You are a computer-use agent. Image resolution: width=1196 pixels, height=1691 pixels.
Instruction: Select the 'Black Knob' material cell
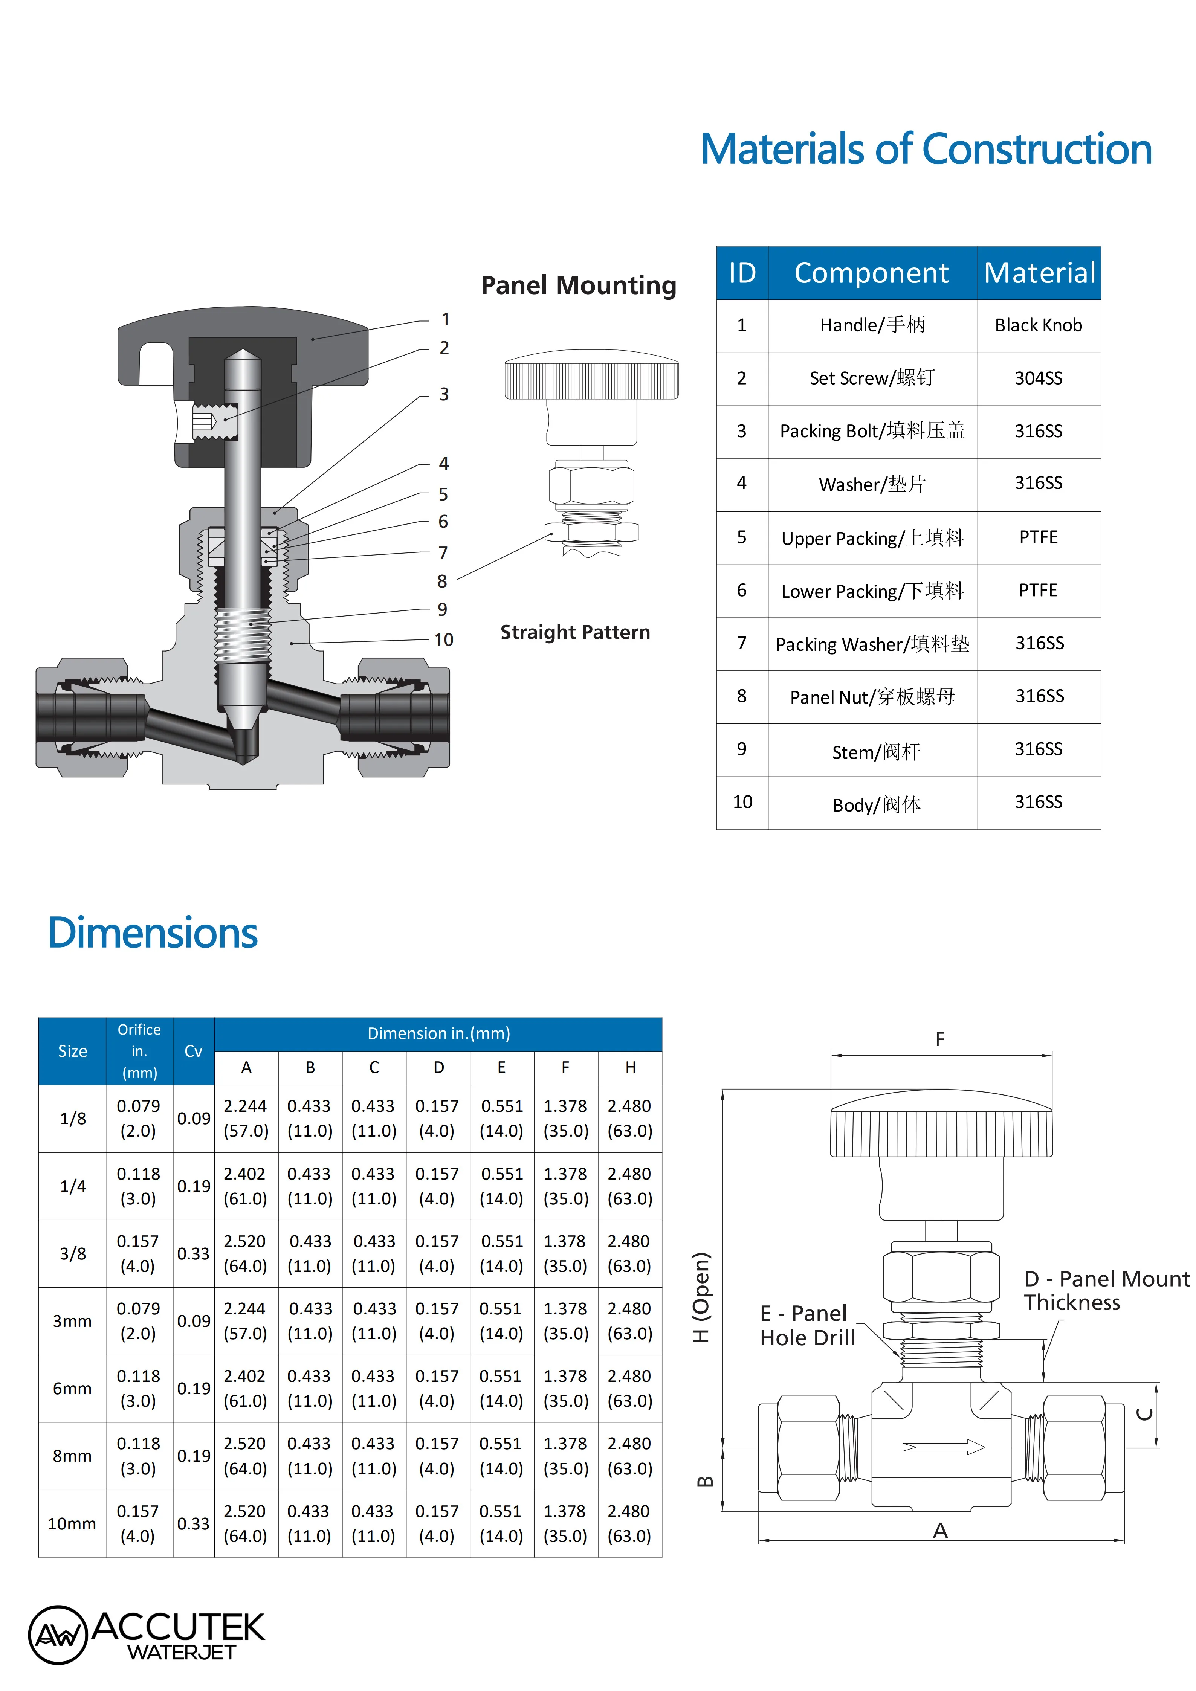pyautogui.click(x=1039, y=325)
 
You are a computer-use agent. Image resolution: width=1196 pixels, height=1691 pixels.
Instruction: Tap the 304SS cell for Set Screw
pyautogui.click(x=1039, y=378)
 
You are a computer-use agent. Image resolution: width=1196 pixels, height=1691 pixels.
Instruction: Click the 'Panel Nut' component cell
pyautogui.click(x=873, y=697)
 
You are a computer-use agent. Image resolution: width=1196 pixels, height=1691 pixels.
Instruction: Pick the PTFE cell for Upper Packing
pyautogui.click(x=1039, y=538)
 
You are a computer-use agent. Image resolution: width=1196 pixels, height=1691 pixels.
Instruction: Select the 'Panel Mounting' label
pyautogui.click(x=579, y=285)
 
